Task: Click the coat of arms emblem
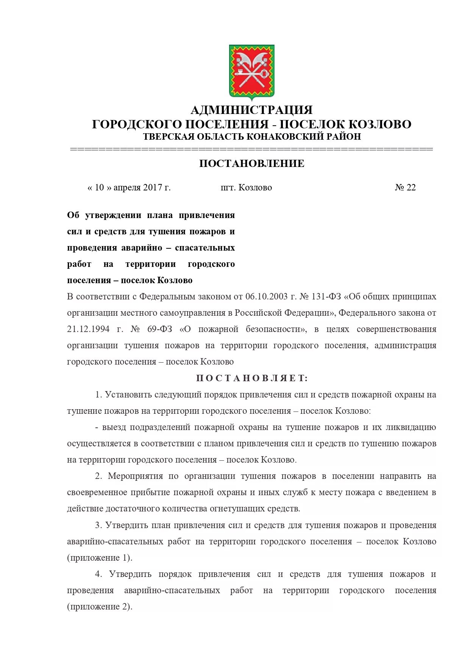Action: tap(251, 72)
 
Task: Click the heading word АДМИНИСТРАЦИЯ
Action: tap(251, 110)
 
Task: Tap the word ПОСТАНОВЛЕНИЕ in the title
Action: tap(251, 164)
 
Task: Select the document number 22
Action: tap(411, 188)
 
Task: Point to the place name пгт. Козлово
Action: tap(246, 188)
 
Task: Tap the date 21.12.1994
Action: tap(88, 329)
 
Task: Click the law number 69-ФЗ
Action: tap(159, 329)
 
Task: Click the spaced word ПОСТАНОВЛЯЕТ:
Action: tap(252, 378)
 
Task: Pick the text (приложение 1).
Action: tap(100, 558)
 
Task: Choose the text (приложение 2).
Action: tap(100, 607)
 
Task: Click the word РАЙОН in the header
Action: tap(344, 137)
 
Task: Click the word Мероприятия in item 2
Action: tap(135, 476)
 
